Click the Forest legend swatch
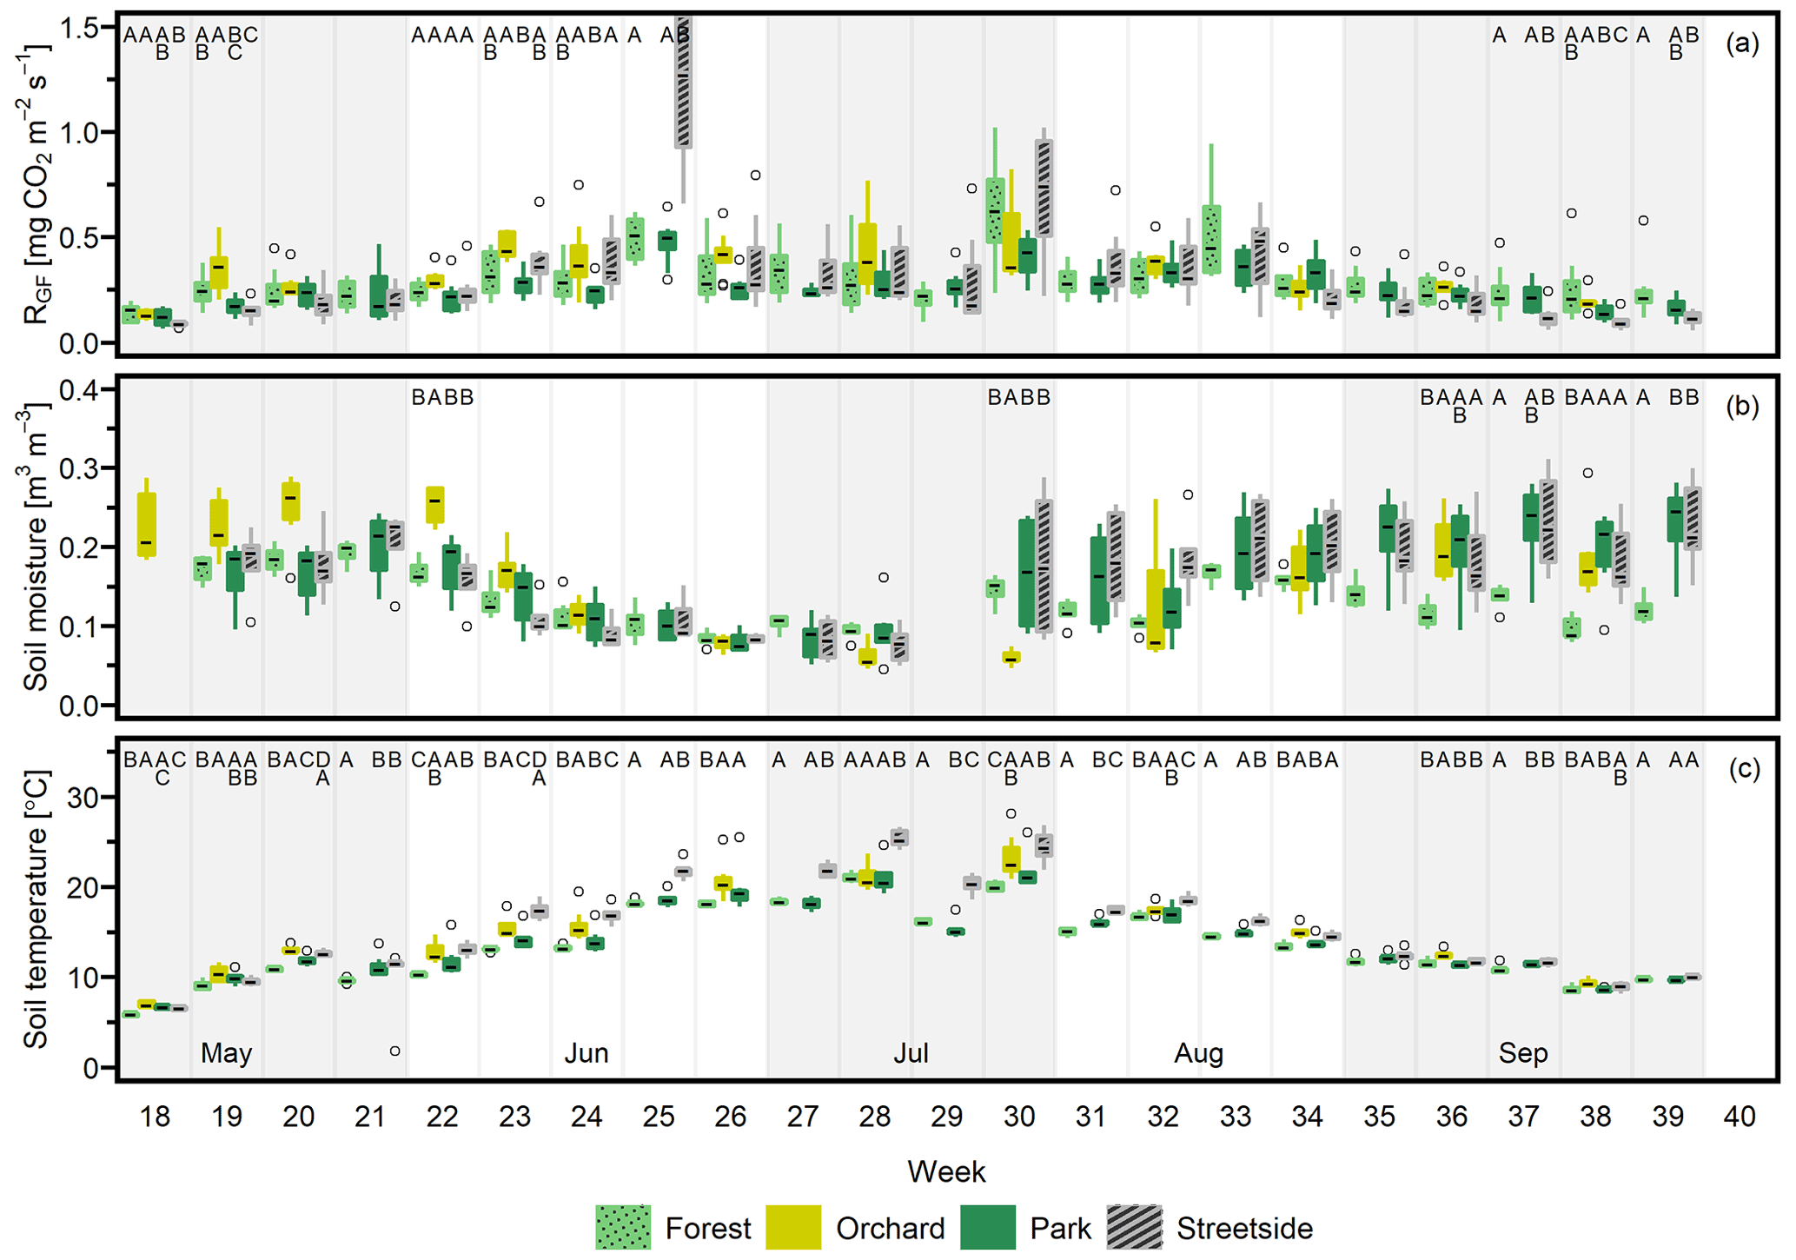622,1228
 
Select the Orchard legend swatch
792,1228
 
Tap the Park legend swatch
988,1228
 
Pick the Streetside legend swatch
1134,1228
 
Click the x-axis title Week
946,1172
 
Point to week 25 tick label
659,1117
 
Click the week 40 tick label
1740,1117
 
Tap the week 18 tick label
155,1117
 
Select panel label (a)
1742,43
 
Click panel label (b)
1742,407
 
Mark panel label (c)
1742,770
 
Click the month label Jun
587,1054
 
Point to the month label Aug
1198,1054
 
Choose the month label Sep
1523,1054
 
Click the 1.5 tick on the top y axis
79,29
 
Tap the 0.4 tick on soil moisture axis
79,389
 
